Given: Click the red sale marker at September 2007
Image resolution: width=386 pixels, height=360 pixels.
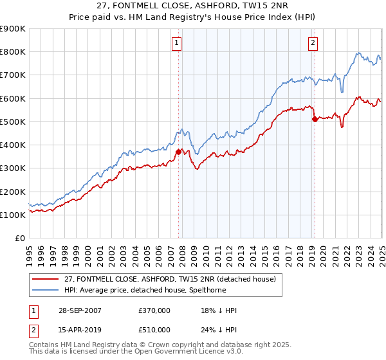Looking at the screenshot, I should click(178, 152).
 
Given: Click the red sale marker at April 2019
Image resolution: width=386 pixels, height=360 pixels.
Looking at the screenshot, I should click(314, 119).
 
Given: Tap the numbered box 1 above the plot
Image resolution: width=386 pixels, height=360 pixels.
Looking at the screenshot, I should click(176, 43).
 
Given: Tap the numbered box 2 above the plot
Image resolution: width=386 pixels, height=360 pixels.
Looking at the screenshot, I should click(313, 43).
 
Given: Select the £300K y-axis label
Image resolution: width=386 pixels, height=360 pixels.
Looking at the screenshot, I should click(14, 168).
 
